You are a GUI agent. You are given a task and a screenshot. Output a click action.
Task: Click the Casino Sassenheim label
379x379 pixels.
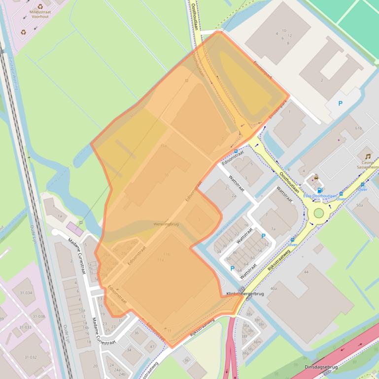tap(368, 165)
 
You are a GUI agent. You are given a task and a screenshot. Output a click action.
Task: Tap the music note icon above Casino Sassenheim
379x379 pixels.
tap(368, 156)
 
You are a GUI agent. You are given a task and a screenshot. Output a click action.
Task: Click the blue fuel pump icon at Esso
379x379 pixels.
tap(320, 190)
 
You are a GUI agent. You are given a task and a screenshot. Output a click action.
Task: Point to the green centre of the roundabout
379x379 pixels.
tap(319, 213)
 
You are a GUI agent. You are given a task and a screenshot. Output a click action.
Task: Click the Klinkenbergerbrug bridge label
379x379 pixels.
tap(245, 294)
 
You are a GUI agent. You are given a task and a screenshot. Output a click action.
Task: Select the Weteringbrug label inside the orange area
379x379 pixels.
tap(166, 224)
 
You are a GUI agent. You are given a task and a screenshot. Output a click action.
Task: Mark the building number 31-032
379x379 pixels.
tap(31, 357)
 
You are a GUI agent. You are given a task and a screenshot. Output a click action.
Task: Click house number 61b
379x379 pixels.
tap(358, 128)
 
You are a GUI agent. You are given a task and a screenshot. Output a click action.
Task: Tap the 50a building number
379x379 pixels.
tap(360, 205)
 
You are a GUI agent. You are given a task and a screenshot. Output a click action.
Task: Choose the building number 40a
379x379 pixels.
tap(273, 288)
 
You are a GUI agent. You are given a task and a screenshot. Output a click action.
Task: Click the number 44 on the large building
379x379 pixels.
tap(306, 272)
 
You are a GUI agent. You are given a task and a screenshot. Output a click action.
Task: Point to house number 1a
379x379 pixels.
tap(60, 216)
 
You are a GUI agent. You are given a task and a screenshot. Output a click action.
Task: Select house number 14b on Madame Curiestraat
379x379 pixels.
tap(85, 328)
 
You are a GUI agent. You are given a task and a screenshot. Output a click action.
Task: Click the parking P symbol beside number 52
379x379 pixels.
tap(263, 236)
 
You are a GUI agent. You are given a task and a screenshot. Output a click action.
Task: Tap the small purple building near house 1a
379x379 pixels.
tap(75, 228)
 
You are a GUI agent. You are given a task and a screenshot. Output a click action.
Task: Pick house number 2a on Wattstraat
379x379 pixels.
tap(234, 195)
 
